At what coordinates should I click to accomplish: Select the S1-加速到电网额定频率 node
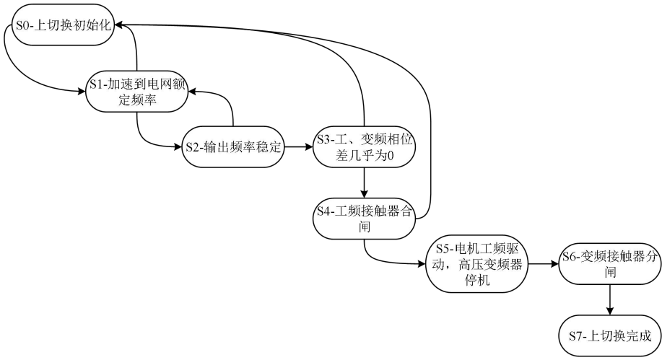click(x=137, y=92)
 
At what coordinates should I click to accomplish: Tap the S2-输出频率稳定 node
click(x=232, y=148)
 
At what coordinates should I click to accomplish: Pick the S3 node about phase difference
click(x=364, y=147)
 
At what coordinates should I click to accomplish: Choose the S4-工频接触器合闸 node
click(x=365, y=219)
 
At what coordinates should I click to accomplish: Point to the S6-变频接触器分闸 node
click(x=611, y=265)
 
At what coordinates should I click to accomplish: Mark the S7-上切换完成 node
click(x=611, y=335)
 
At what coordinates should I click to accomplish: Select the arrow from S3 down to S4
click(x=365, y=183)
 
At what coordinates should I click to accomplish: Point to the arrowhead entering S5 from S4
click(x=422, y=265)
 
